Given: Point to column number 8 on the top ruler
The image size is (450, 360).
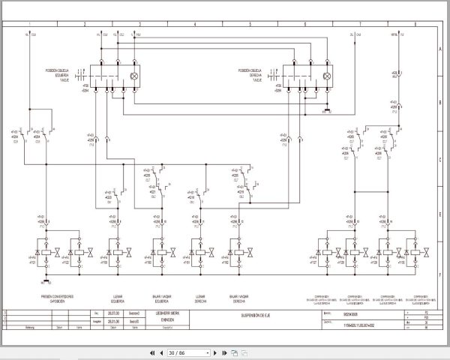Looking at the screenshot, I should pos(415,24).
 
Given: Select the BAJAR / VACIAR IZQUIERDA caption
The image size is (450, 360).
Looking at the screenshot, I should pos(159,298).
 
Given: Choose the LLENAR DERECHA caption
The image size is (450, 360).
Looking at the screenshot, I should pos(200,298).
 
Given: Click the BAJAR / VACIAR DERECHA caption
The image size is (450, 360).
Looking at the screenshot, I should pos(241,298).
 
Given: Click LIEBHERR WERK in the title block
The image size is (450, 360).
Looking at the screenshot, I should pos(158,313).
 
